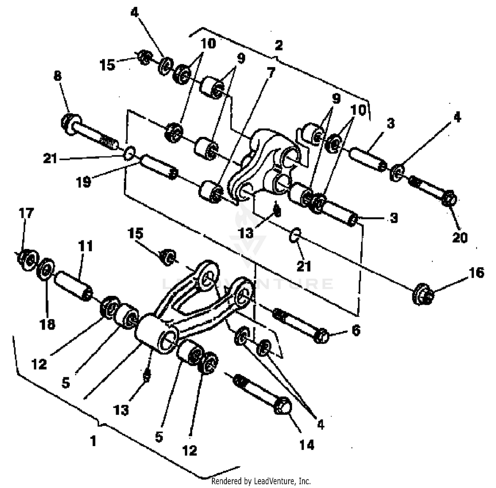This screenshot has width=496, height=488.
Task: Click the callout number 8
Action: (58, 76)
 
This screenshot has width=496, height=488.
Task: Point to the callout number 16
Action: (476, 273)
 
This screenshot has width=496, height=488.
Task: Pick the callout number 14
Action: (307, 445)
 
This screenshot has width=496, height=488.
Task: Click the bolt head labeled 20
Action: (449, 199)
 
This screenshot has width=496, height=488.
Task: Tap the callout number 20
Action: (460, 237)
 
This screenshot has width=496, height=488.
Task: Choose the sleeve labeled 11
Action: (73, 285)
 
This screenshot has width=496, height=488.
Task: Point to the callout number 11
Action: (85, 246)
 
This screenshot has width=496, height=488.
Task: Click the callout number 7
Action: (271, 72)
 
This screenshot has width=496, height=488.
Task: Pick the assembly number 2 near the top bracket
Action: (279, 46)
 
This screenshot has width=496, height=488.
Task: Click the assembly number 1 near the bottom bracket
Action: (93, 441)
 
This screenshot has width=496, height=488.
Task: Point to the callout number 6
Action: (356, 330)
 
